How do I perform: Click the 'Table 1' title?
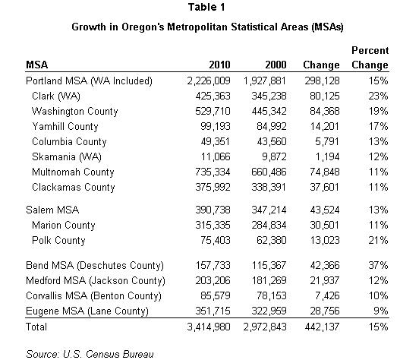pyautogui.click(x=206, y=7)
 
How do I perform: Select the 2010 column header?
pyautogui.click(x=219, y=65)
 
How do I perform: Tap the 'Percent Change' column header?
pyautogui.click(x=370, y=58)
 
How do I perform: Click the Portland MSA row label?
pyautogui.click(x=89, y=81)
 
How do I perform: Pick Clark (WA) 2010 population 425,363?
pyautogui.click(x=213, y=96)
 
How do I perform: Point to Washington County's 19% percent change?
pyautogui.click(x=378, y=112)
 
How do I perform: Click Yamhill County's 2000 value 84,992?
pyautogui.click(x=272, y=126)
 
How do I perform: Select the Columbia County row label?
pyautogui.click(x=69, y=142)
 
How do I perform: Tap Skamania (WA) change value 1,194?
pyautogui.click(x=328, y=156)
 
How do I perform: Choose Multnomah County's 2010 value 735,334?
pyautogui.click(x=213, y=172)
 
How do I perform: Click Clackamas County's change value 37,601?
pyautogui.click(x=325, y=187)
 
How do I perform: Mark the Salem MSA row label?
pyautogui.click(x=52, y=210)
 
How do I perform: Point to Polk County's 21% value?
pyautogui.click(x=378, y=240)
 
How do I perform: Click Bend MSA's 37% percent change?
pyautogui.click(x=378, y=266)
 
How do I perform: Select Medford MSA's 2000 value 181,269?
pyautogui.click(x=269, y=280)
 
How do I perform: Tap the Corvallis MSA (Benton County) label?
pyautogui.click(x=93, y=296)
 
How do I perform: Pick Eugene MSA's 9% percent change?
pyautogui.click(x=381, y=311)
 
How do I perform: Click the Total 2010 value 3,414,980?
pyautogui.click(x=209, y=327)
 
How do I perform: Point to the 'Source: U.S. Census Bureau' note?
pyautogui.click(x=90, y=355)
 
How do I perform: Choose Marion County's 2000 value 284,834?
pyautogui.click(x=269, y=226)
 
